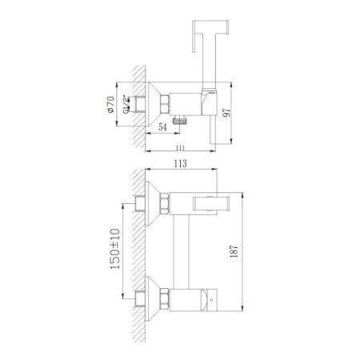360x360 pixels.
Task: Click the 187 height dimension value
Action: [x=231, y=250]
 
